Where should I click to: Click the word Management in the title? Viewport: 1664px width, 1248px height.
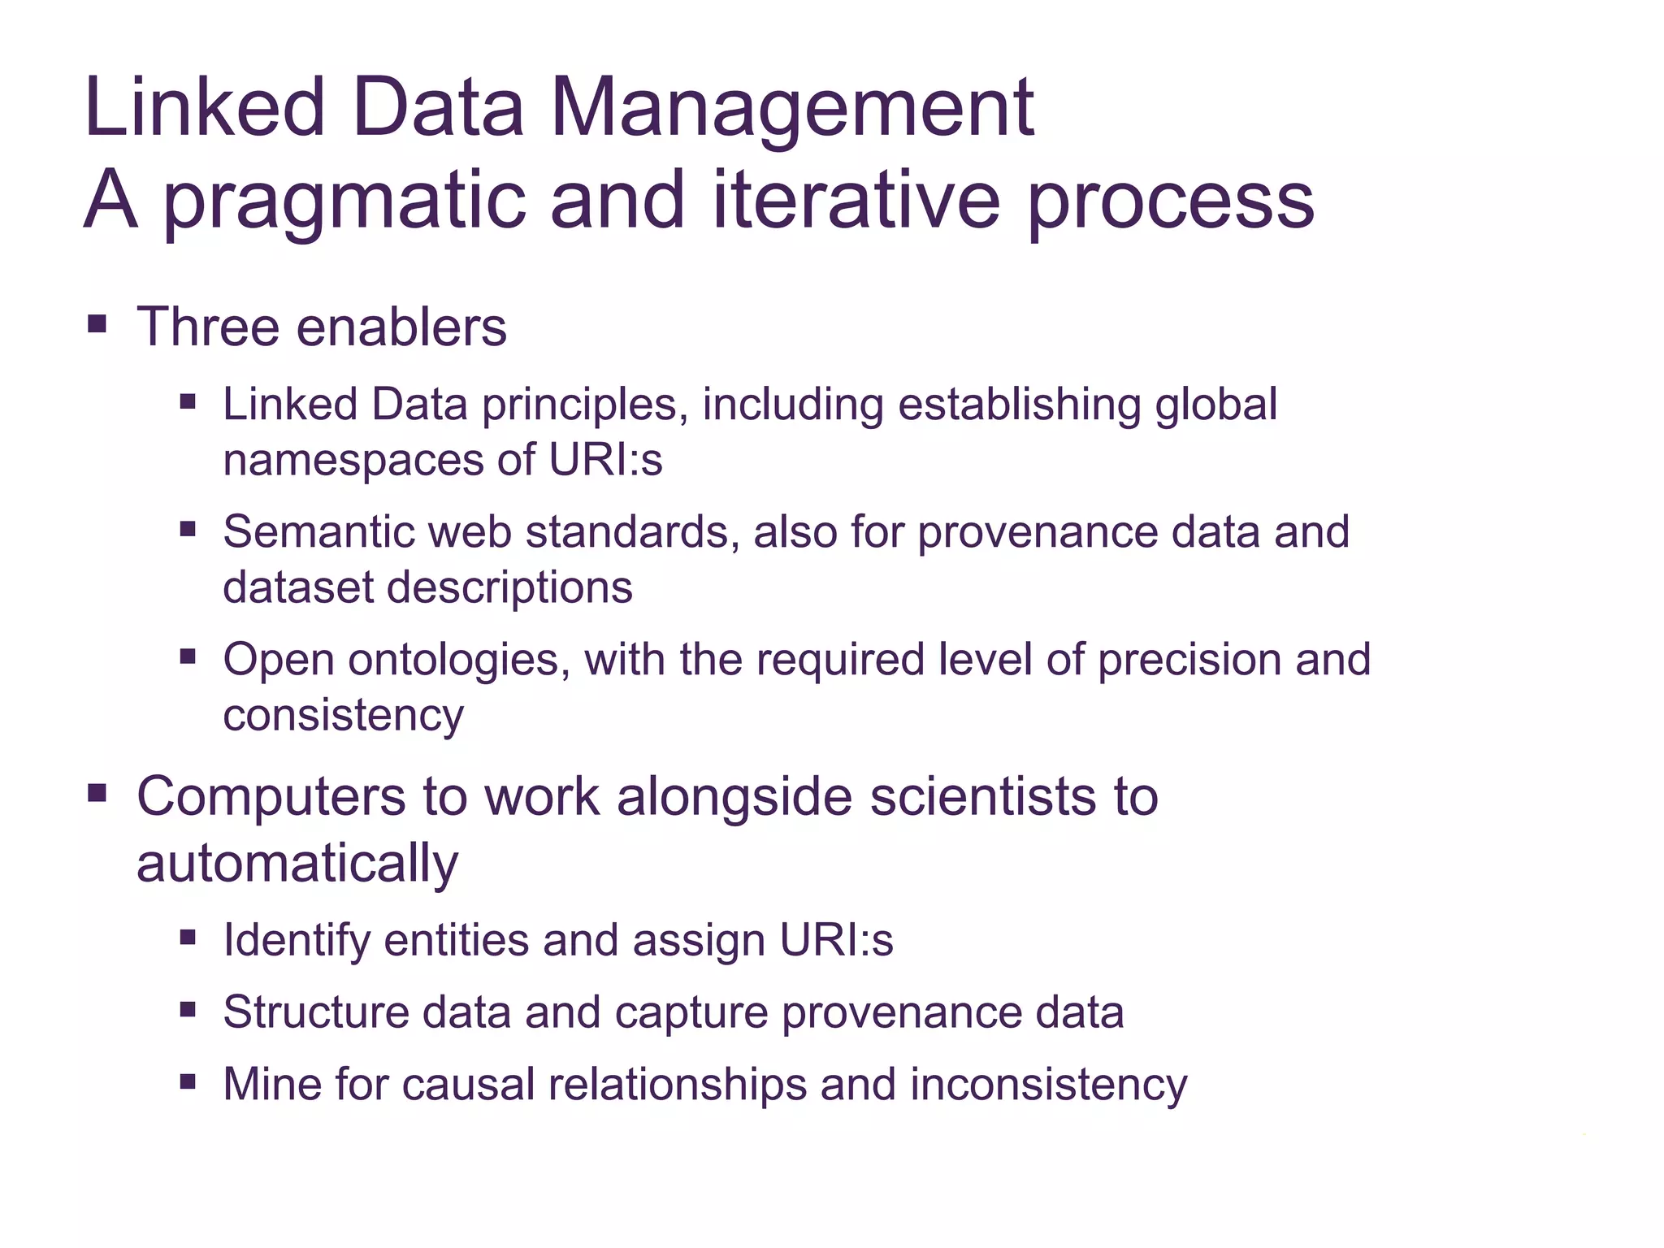coord(792,109)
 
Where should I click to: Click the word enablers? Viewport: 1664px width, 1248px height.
coord(401,327)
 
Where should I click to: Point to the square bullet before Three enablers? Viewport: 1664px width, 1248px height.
coord(97,325)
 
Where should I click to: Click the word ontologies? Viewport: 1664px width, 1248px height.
coord(453,660)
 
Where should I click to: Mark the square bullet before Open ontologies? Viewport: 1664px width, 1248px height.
coord(188,656)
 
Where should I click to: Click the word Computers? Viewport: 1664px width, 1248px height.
coord(271,796)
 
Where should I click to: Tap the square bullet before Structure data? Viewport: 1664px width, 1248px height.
coord(188,1009)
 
